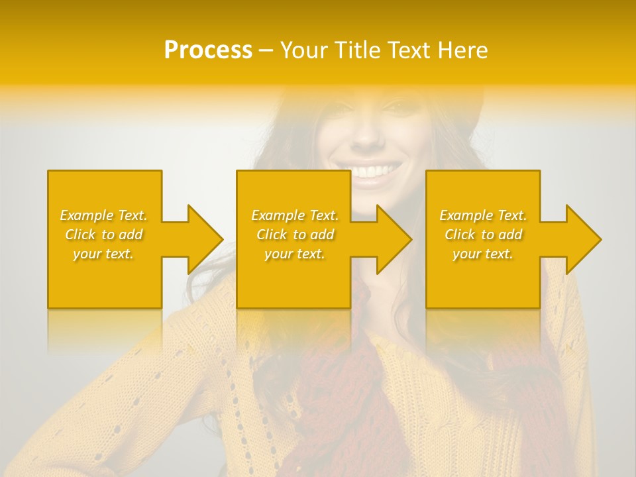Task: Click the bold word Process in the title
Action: tap(208, 50)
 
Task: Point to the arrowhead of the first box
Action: tap(205, 239)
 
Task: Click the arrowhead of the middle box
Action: tap(394, 239)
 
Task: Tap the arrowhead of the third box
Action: tap(583, 239)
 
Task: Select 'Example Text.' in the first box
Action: tap(104, 215)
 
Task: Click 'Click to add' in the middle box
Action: tap(295, 235)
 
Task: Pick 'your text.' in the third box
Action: tap(483, 254)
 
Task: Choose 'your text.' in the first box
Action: tap(104, 254)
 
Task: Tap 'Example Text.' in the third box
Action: tap(483, 215)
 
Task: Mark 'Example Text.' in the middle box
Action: tap(295, 215)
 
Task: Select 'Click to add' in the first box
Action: tap(104, 235)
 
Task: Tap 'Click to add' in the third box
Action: tap(483, 235)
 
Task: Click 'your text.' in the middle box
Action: tap(295, 254)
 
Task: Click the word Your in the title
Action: tap(305, 50)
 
